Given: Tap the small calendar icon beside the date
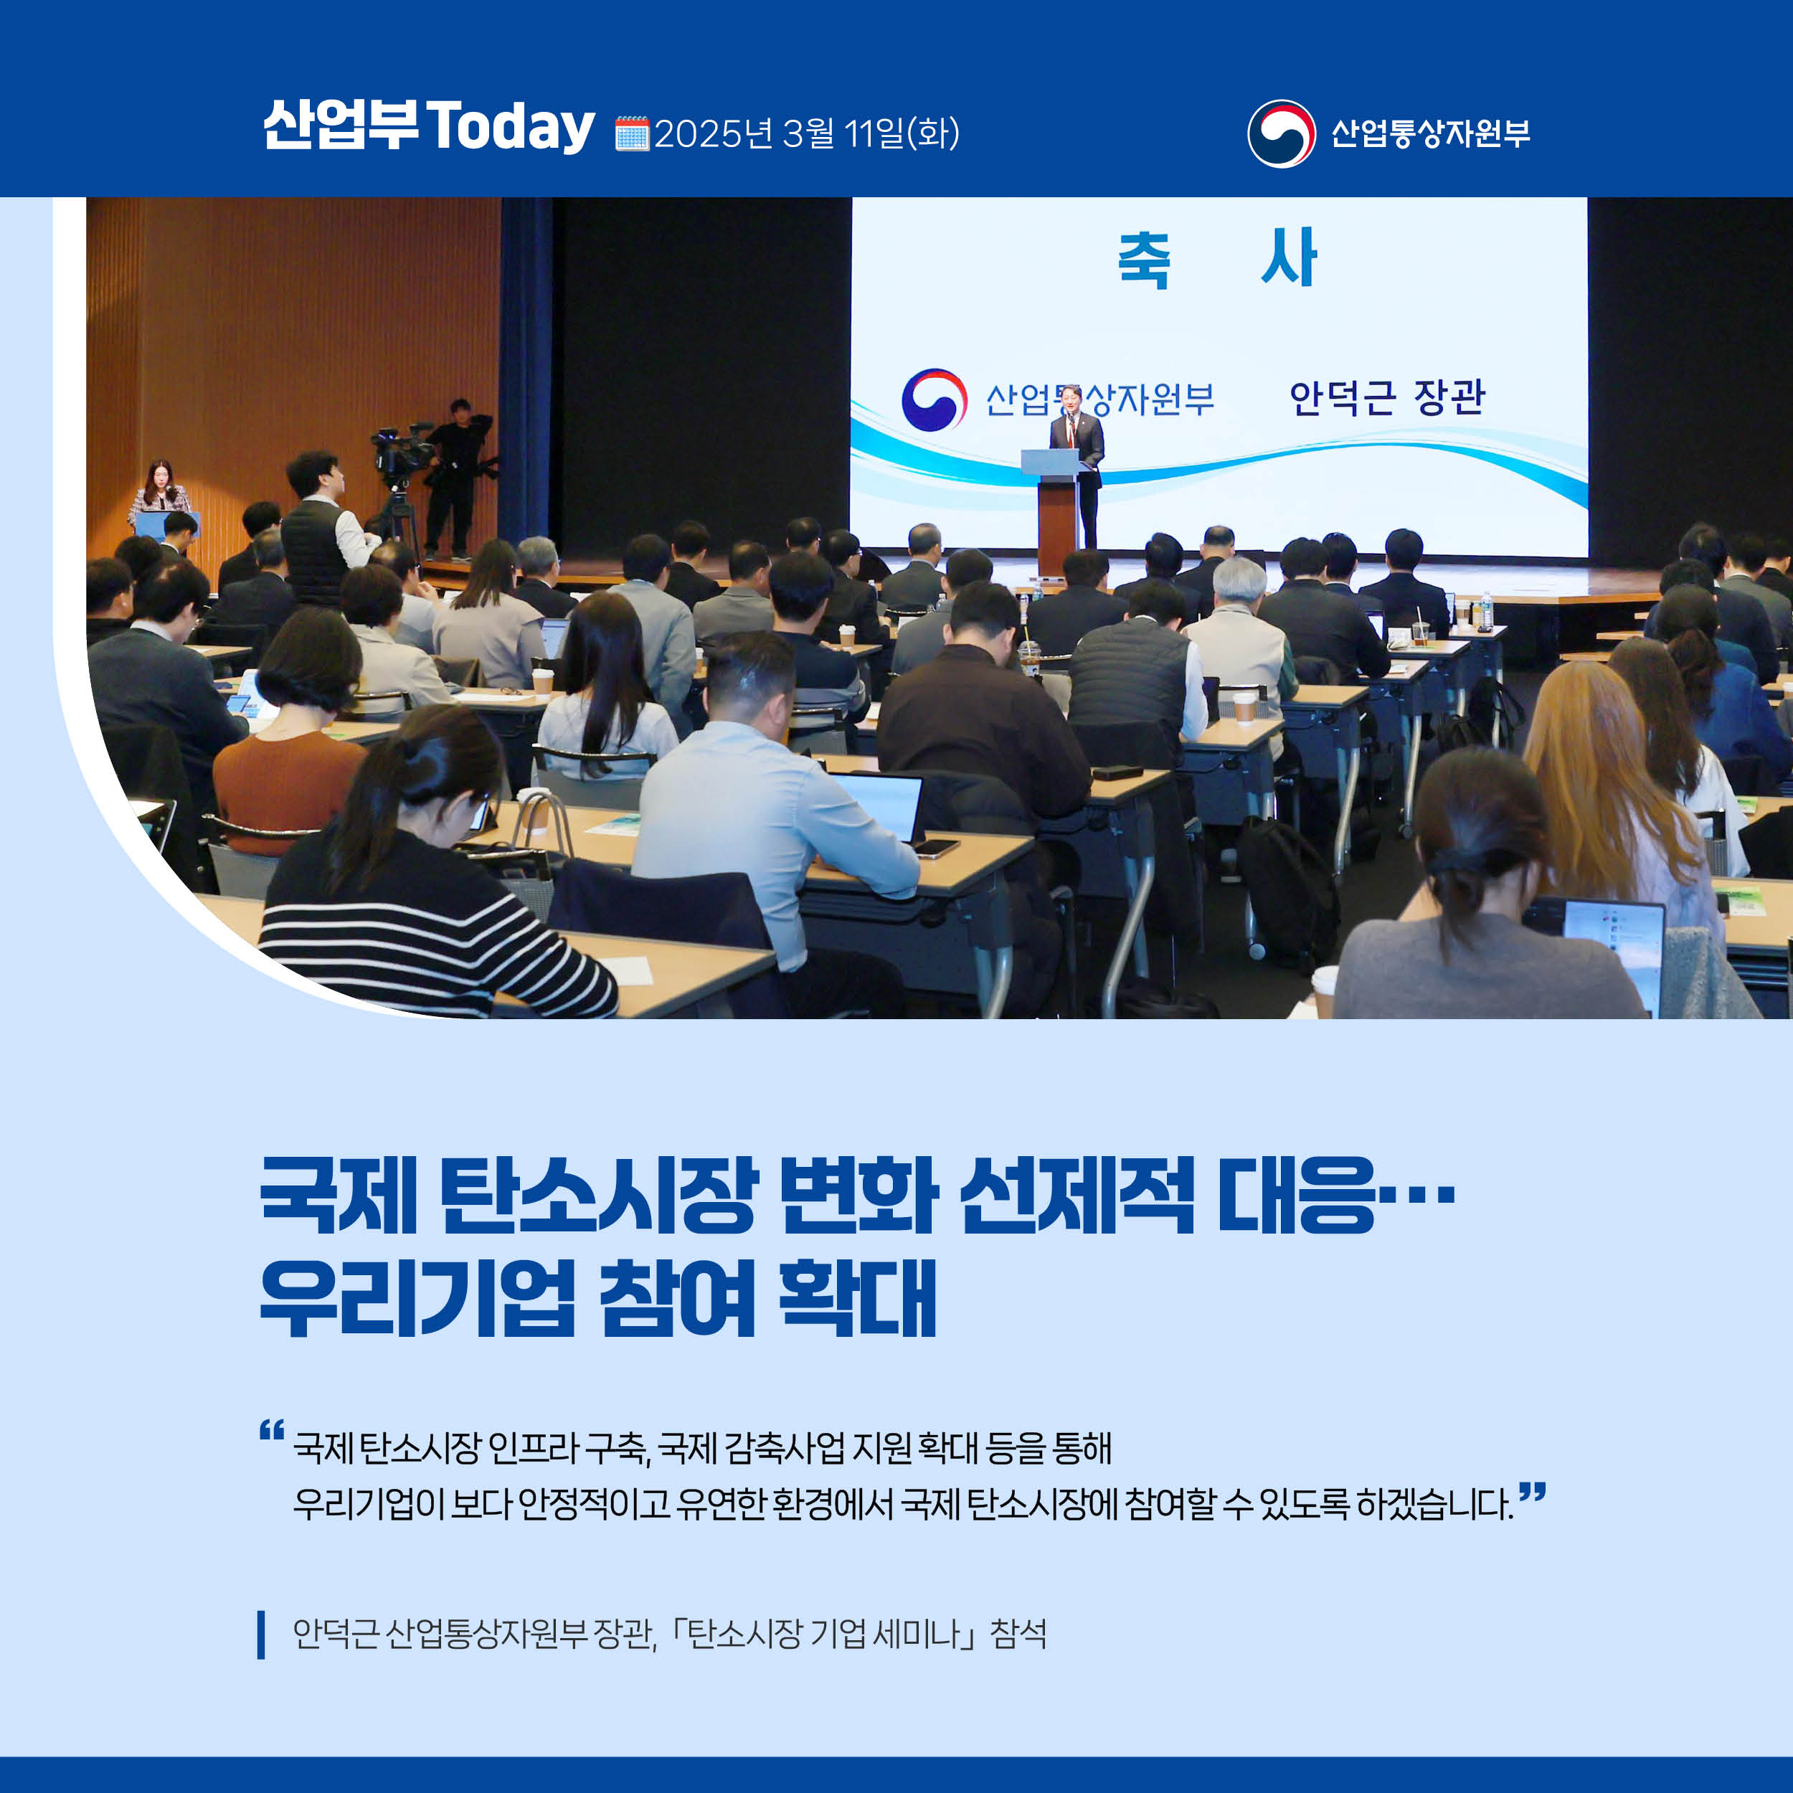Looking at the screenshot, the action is pos(632,133).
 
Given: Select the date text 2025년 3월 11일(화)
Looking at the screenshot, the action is pos(806,133).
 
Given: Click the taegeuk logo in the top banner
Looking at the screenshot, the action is pos(1282,133).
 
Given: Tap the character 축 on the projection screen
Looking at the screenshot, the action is pos(1144,259).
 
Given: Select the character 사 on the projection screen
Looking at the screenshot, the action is pos(1289,257).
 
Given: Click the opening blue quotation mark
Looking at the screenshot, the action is pos(272,1430).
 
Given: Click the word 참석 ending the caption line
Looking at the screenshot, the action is pos(1018,1633).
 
